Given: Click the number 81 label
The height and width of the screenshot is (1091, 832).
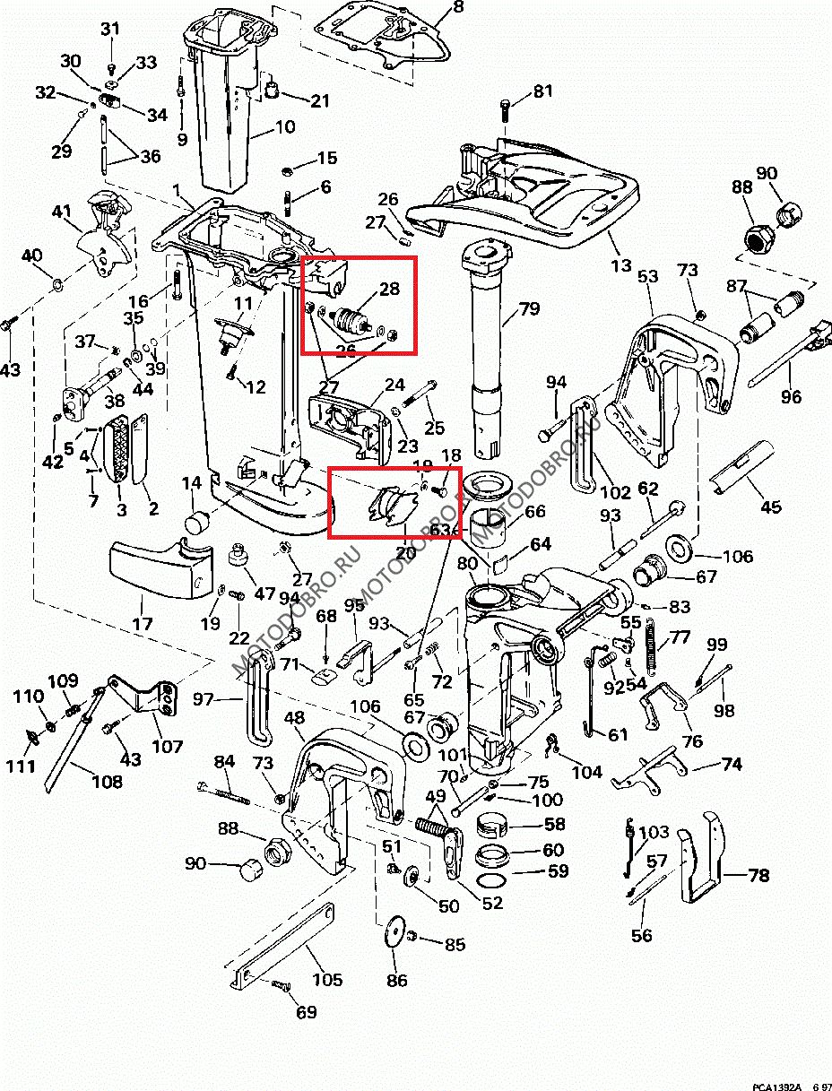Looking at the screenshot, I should coord(544,91).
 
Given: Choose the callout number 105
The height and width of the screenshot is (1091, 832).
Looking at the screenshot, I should coord(326,980).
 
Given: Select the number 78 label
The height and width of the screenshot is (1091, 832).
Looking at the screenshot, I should coord(758,875).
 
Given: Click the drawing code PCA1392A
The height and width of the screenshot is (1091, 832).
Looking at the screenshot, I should coord(776,1086).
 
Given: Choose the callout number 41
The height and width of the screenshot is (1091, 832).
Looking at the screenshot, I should coord(61,212).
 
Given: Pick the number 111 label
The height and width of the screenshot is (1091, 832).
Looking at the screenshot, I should coord(22,766).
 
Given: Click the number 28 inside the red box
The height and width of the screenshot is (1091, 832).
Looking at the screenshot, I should coord(388,289).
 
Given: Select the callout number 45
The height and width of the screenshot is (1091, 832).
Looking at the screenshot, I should coord(770,507).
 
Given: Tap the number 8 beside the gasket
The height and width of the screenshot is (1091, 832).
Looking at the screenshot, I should coord(458,7).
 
